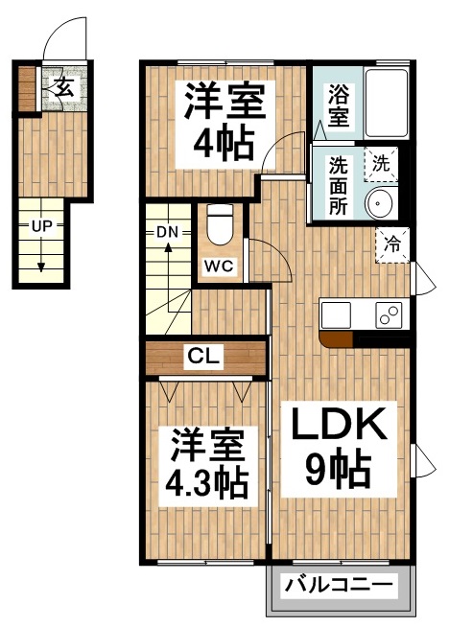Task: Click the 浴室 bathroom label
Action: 338,105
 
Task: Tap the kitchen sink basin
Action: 337,314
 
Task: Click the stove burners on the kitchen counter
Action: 389,314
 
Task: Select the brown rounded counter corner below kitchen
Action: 335,337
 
